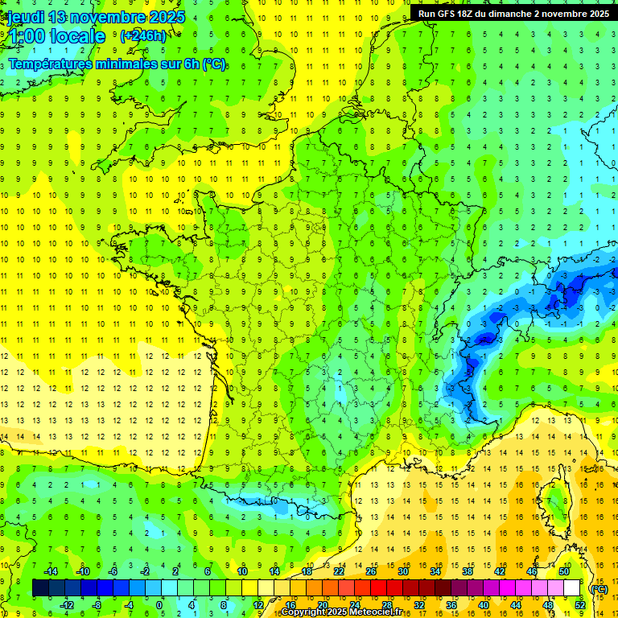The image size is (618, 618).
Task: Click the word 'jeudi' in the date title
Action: click(x=25, y=17)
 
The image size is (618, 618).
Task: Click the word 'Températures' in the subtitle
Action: click(x=47, y=64)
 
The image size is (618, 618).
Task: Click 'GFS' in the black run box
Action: click(x=450, y=14)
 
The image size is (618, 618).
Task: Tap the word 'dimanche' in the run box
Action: click(x=519, y=14)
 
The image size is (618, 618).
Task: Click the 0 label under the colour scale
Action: click(x=159, y=605)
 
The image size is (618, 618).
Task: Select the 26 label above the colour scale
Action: click(x=371, y=571)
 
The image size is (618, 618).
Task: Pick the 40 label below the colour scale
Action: click(x=483, y=605)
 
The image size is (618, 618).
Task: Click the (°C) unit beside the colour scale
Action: click(x=599, y=588)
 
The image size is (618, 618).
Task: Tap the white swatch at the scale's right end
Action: click(x=572, y=588)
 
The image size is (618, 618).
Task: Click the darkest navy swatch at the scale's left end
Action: click(x=40, y=588)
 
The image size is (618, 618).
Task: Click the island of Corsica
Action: click(x=555, y=503)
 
